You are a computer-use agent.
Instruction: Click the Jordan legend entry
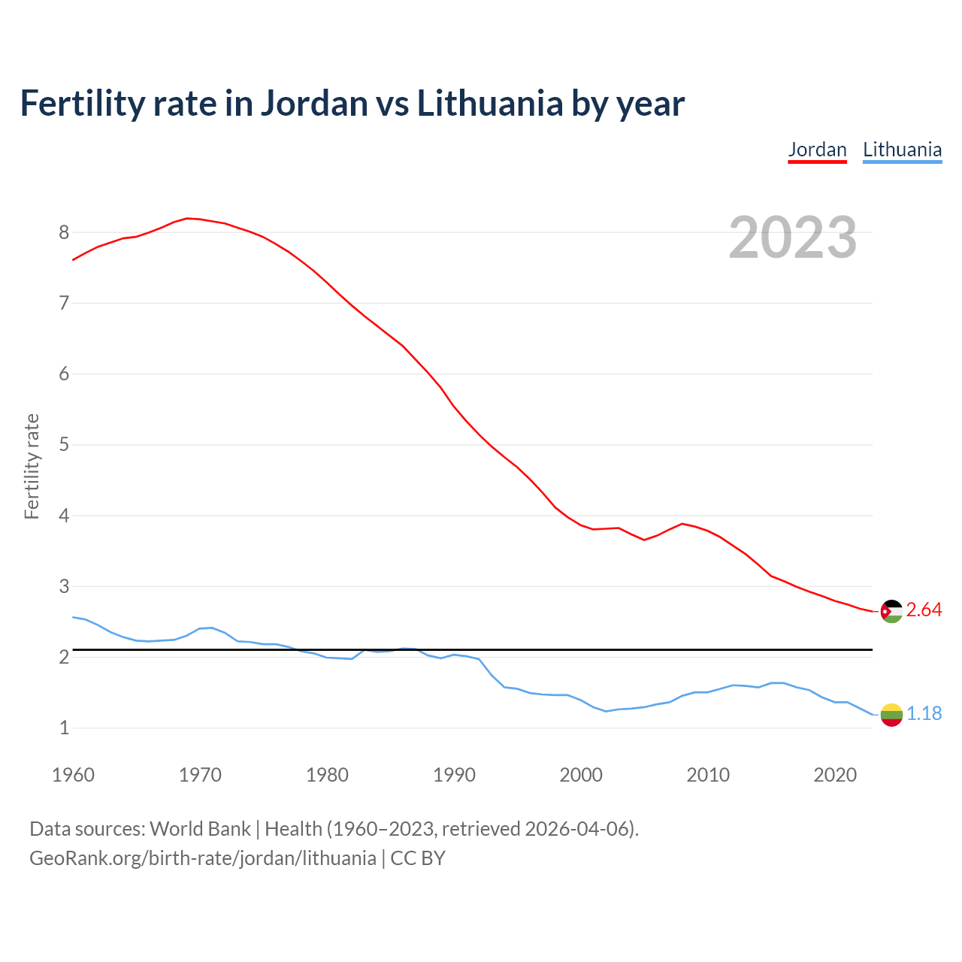point(817,150)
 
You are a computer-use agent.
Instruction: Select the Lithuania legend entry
point(902,150)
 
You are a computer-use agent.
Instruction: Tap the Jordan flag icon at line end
point(891,611)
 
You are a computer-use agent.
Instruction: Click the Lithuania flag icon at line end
point(891,715)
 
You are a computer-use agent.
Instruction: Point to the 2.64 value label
point(924,610)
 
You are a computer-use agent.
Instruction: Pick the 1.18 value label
point(924,713)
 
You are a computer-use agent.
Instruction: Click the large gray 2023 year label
point(792,237)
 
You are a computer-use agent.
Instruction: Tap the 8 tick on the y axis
point(64,232)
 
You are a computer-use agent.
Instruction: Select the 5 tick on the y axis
point(64,445)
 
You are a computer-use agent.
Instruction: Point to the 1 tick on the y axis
point(64,728)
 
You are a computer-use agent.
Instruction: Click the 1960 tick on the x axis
point(73,775)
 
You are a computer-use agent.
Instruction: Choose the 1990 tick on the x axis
point(454,775)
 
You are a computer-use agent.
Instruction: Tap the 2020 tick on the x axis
point(835,775)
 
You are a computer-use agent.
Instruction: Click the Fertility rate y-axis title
point(32,466)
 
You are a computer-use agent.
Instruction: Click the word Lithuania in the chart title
point(489,103)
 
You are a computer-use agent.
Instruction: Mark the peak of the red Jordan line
point(188,218)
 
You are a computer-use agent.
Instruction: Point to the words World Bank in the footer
point(200,828)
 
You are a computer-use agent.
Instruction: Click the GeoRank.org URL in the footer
point(202,858)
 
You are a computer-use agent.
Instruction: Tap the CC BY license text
point(418,858)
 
